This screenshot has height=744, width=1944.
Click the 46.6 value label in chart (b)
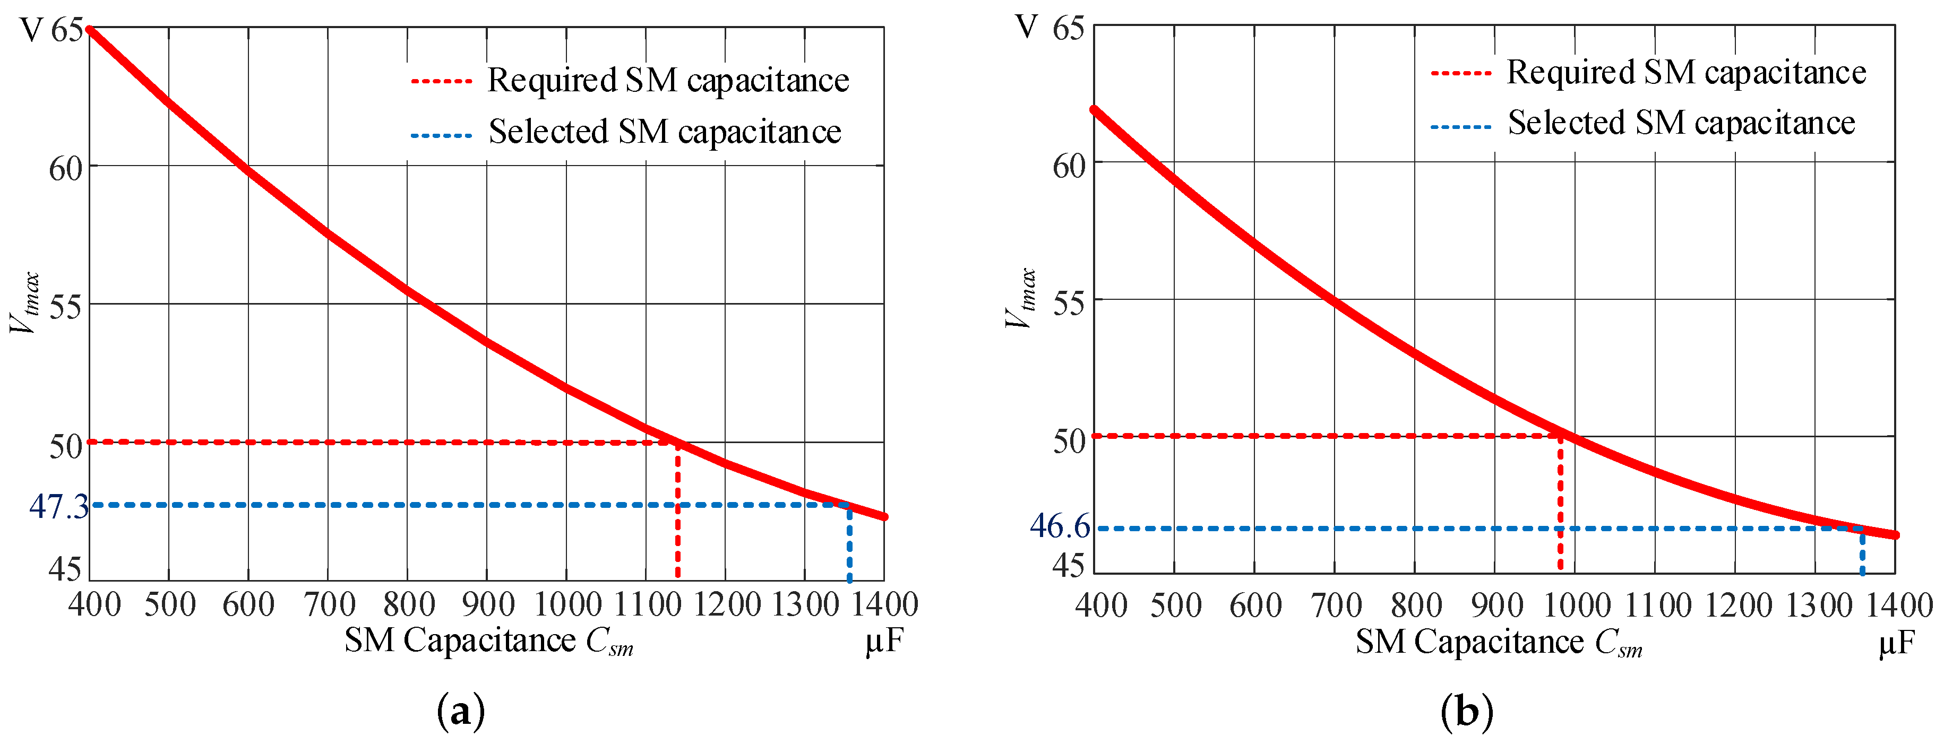click(x=1060, y=526)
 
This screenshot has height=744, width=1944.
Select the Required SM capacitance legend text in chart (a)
click(x=668, y=80)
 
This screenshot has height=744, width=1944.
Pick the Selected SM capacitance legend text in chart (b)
click(x=1681, y=123)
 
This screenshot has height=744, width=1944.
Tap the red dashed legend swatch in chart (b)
click(x=1460, y=73)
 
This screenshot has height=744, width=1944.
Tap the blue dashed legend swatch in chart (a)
click(x=442, y=136)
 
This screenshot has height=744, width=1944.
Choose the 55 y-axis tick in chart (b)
click(x=1069, y=304)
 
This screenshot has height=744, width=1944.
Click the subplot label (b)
click(x=1466, y=712)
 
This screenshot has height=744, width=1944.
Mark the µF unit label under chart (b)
click(x=1896, y=643)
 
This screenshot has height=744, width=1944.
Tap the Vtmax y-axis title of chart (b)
click(x=1020, y=299)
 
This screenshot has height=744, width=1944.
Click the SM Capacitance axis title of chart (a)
click(x=489, y=642)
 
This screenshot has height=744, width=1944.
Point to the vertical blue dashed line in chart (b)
click(x=1862, y=552)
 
